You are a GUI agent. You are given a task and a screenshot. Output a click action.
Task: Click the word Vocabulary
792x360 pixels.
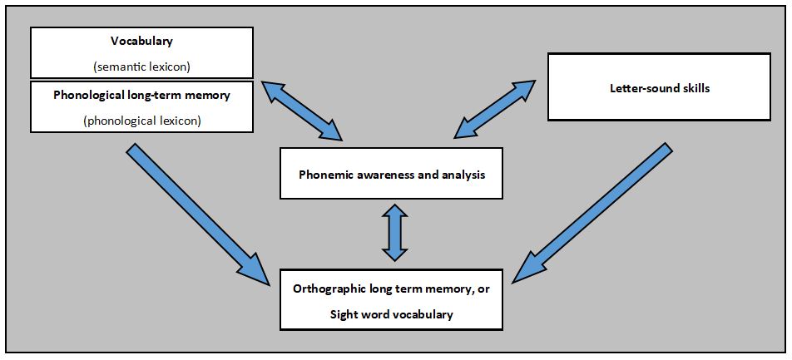(x=141, y=40)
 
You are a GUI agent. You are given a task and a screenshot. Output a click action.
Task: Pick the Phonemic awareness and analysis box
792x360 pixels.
(x=391, y=173)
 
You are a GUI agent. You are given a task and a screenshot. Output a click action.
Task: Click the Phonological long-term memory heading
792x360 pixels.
(x=141, y=95)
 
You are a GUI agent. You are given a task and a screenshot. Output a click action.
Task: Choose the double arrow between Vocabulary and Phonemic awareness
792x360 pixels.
(x=301, y=110)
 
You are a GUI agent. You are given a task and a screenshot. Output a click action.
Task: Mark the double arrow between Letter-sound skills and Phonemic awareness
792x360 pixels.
(x=495, y=108)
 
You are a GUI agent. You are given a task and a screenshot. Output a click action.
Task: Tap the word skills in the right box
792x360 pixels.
(x=694, y=87)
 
